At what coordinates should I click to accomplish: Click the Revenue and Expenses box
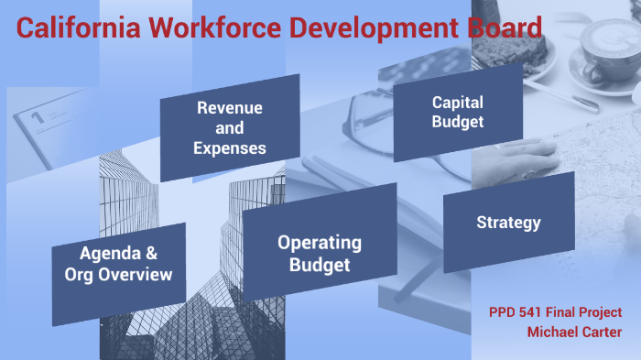coord(230,127)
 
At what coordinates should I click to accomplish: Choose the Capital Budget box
coord(458,112)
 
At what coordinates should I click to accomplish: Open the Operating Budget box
coord(320,254)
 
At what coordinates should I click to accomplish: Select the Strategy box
coord(508,223)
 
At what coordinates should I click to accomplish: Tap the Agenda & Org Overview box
coord(119,263)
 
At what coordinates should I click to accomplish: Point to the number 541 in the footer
coord(535,311)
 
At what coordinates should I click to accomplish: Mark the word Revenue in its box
coord(230,108)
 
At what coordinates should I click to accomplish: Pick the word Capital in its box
coord(458,102)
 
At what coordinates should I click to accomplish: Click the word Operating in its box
coord(320,243)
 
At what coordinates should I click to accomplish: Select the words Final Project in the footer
coord(585,311)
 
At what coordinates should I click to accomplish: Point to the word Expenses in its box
coord(230,147)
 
